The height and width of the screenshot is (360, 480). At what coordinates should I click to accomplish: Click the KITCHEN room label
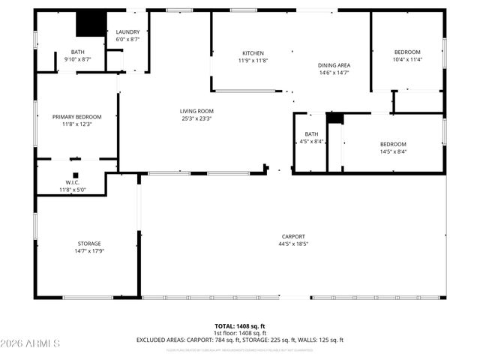pyautogui.click(x=253, y=53)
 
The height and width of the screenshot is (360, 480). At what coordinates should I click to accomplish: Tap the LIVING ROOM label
pyautogui.click(x=196, y=110)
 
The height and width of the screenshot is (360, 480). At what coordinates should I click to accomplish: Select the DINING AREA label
pyautogui.click(x=334, y=65)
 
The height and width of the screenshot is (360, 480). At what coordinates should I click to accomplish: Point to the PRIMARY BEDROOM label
pyautogui.click(x=76, y=117)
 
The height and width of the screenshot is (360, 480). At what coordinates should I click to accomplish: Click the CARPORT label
pyautogui.click(x=293, y=236)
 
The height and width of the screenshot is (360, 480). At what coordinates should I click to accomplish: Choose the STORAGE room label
pyautogui.click(x=89, y=244)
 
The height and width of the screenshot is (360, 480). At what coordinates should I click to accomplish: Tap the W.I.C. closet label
pyautogui.click(x=73, y=182)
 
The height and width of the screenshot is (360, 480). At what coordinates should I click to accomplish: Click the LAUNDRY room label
pyautogui.click(x=127, y=32)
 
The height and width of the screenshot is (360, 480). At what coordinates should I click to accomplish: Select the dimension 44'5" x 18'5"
pyautogui.click(x=293, y=244)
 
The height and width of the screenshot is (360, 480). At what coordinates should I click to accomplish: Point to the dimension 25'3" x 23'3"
pyautogui.click(x=196, y=118)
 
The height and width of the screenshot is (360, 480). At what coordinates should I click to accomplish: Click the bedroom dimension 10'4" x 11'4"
pyautogui.click(x=408, y=59)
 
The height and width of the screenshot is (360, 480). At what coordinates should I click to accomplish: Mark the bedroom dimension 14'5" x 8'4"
pyautogui.click(x=392, y=151)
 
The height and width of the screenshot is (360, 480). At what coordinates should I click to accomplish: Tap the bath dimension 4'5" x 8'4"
pyautogui.click(x=311, y=142)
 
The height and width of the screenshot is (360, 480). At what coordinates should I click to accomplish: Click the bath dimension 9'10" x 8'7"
pyautogui.click(x=78, y=59)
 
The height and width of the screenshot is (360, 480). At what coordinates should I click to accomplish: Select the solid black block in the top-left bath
pyautogui.click(x=91, y=23)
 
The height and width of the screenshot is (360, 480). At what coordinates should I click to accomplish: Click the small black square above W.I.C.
pyautogui.click(x=76, y=175)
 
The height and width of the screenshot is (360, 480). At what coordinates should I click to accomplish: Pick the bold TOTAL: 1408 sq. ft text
pyautogui.click(x=239, y=326)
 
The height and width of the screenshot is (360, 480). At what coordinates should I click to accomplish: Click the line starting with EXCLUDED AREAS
pyautogui.click(x=239, y=340)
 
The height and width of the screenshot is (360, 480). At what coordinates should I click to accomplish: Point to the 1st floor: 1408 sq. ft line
pyautogui.click(x=239, y=333)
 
